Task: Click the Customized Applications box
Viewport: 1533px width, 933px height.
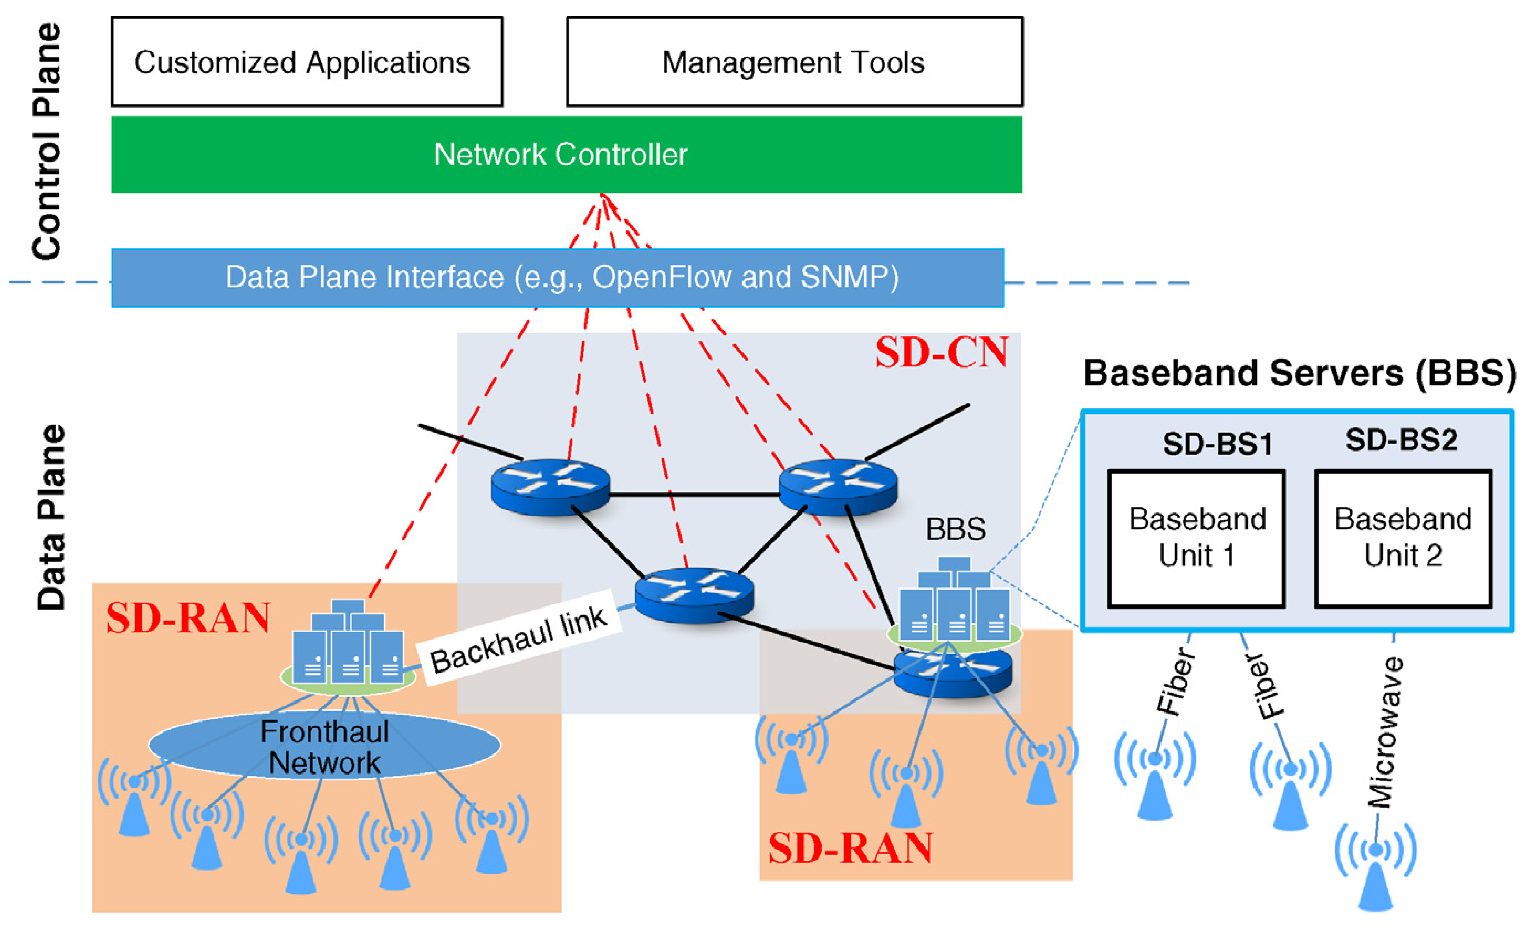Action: (307, 62)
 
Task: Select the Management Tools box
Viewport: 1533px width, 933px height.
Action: (794, 62)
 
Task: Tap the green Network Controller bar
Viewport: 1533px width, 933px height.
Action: (566, 154)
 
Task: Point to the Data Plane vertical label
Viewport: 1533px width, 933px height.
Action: (51, 517)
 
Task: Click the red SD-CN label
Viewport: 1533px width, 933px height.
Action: (941, 353)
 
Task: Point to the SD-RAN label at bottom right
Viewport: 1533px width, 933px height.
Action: (850, 848)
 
